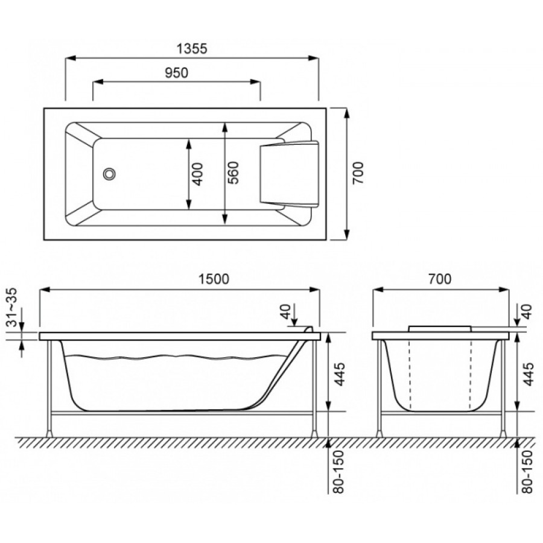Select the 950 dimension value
176,73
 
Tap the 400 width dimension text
197,174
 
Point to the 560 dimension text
234,173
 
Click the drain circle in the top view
109,174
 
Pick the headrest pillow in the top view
289,174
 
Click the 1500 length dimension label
214,279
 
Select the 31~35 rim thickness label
13,307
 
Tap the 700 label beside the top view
358,173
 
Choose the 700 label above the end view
440,279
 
